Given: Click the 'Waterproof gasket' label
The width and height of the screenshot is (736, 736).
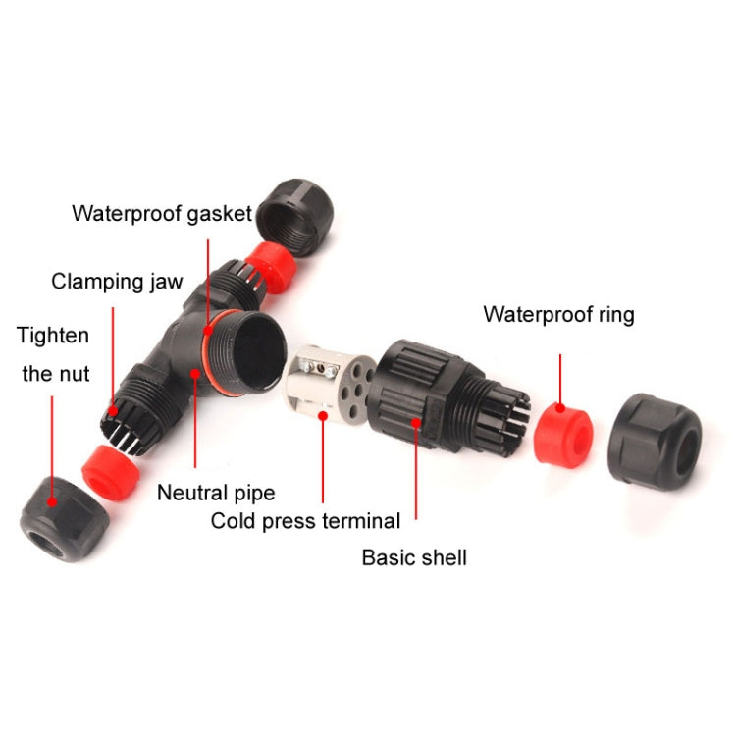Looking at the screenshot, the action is (162, 214).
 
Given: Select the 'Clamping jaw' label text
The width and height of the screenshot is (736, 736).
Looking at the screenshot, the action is (117, 282).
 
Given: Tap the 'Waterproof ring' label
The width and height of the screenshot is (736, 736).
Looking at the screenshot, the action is (558, 314).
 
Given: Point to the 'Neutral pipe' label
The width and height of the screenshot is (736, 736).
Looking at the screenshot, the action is (216, 493).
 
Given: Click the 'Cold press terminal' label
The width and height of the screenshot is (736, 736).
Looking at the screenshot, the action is (305, 521).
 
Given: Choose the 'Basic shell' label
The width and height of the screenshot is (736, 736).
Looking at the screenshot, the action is (414, 557).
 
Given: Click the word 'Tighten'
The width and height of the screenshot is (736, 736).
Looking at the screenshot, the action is (53, 336).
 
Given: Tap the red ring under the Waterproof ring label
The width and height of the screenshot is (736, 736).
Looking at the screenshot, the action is (563, 435).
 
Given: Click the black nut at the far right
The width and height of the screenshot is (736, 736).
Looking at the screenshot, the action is (655, 443).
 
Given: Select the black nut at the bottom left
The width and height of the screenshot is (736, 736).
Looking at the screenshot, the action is (64, 519).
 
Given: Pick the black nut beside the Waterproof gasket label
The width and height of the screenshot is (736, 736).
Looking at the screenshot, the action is (295, 217).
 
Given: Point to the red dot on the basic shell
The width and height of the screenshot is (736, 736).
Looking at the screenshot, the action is (416, 422).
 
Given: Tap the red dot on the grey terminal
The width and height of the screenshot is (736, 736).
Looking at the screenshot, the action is (323, 416).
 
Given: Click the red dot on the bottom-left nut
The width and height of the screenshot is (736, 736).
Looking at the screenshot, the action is (52, 501).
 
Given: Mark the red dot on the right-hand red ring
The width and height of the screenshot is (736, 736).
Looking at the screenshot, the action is (560, 408).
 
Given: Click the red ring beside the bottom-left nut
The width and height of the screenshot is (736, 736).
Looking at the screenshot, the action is (111, 472).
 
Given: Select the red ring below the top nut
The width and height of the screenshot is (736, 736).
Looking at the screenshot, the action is (272, 268).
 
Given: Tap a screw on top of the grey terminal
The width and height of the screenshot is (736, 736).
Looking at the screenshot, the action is (308, 364).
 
